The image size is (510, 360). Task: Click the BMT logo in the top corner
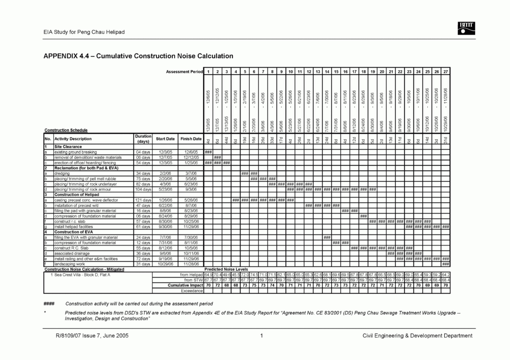[465, 29]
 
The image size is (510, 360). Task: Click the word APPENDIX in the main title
[60, 55]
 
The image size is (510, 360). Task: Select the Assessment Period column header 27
[446, 72]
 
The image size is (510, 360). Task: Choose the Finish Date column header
[191, 139]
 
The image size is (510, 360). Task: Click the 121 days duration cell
[142, 200]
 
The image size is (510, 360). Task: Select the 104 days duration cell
[142, 189]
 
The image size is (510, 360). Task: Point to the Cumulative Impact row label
[185, 285]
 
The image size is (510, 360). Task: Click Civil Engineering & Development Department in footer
[417, 336]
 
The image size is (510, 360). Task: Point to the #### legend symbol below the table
[49, 303]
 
